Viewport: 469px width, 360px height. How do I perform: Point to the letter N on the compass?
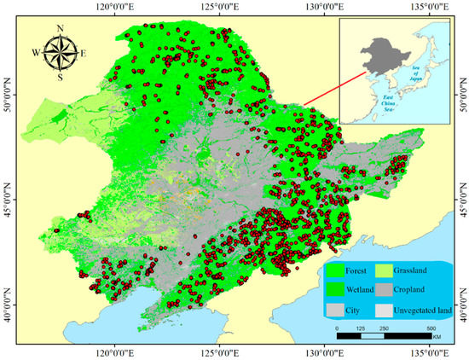[60, 27]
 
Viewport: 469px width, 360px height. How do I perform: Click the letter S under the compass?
[60, 77]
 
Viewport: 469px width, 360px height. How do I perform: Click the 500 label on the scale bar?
[431, 327]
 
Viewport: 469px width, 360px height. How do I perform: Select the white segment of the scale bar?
[373, 335]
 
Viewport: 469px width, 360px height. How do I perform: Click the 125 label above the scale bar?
[361, 327]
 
